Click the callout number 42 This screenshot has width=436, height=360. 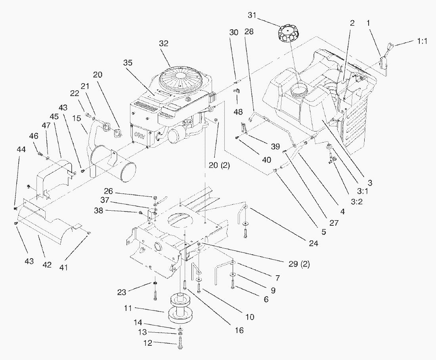(47, 265)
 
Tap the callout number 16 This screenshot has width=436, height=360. (239, 330)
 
